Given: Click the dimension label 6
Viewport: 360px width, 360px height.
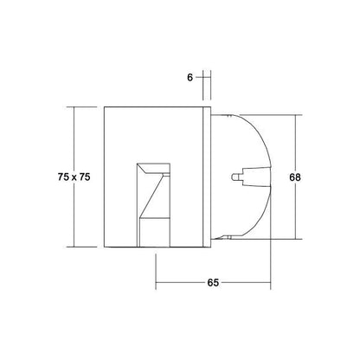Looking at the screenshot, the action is point(190,78).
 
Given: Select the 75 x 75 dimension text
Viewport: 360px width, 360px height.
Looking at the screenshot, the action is point(74,177).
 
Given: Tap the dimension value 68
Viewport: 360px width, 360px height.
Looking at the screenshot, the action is point(295,177).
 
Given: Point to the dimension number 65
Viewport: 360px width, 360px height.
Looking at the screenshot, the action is point(213,283).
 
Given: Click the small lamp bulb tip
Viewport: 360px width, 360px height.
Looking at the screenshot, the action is point(235,177).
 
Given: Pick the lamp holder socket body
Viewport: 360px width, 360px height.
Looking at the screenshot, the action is point(257,177).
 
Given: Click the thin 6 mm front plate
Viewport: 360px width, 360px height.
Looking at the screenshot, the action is point(207,177).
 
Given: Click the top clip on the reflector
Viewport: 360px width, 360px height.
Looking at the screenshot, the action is point(228,116).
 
